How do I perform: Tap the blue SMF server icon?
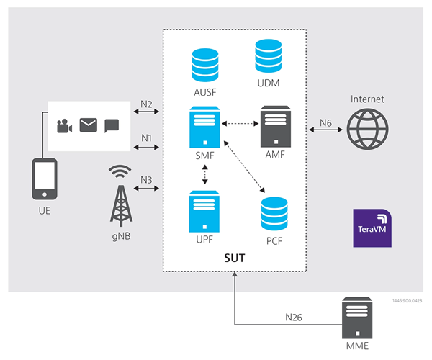pos(205,125)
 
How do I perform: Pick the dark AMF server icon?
pos(276,125)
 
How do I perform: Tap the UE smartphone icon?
pos(45,179)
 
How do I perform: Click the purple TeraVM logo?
pos(372,229)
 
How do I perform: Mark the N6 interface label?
pos(325,123)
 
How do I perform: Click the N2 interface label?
pos(146,104)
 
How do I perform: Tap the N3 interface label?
pos(146,179)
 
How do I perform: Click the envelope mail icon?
pos(88,127)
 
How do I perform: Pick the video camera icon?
pos(65,127)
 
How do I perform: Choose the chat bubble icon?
pos(112,127)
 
